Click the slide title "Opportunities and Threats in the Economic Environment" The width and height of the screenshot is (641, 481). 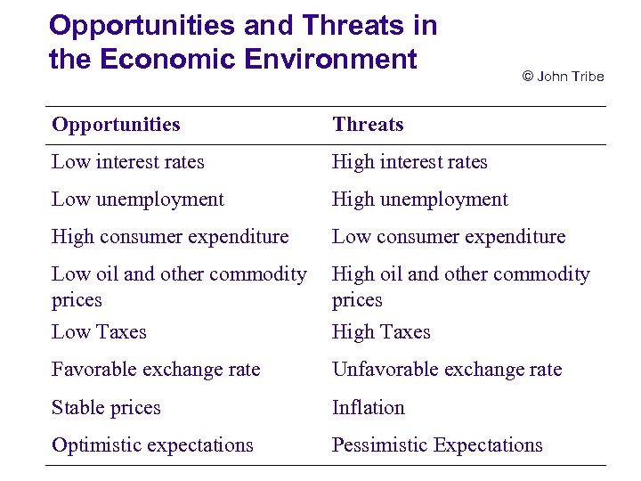point(242,42)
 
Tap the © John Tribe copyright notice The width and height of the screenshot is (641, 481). point(562,77)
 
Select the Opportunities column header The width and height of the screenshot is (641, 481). point(116,125)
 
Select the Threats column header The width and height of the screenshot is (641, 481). point(368,125)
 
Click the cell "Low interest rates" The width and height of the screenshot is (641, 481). point(128,162)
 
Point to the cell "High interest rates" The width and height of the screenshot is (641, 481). point(410,162)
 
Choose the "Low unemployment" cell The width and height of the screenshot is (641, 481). point(138,200)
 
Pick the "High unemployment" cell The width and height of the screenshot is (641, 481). point(419,200)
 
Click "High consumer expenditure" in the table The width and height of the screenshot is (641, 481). point(170,237)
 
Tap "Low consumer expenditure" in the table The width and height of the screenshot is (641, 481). point(449,237)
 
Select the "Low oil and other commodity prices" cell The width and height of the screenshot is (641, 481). point(179,287)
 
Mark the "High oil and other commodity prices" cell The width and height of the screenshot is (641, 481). point(460,287)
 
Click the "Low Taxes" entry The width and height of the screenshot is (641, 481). point(99,332)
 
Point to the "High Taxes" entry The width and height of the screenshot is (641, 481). point(381,332)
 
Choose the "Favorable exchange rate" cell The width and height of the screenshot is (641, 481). point(156,370)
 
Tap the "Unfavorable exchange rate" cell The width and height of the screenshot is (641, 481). point(447,370)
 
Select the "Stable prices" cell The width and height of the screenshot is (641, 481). point(106,408)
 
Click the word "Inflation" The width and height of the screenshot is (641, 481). point(369,408)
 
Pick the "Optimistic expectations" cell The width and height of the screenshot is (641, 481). point(152,445)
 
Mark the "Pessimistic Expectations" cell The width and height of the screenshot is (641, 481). point(437,445)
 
